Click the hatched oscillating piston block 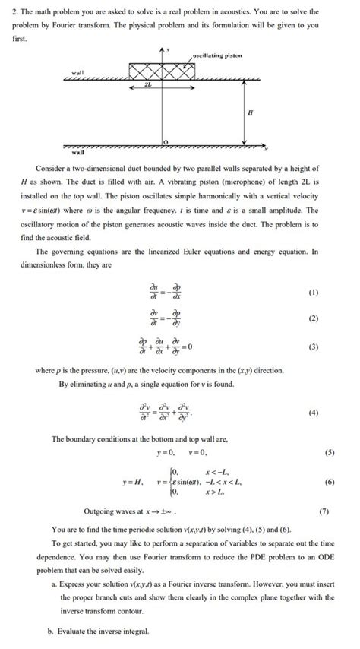pyautogui.click(x=165, y=71)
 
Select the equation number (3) pyautogui.click(x=314, y=347)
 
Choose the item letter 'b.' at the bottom pyautogui.click(x=50, y=632)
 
